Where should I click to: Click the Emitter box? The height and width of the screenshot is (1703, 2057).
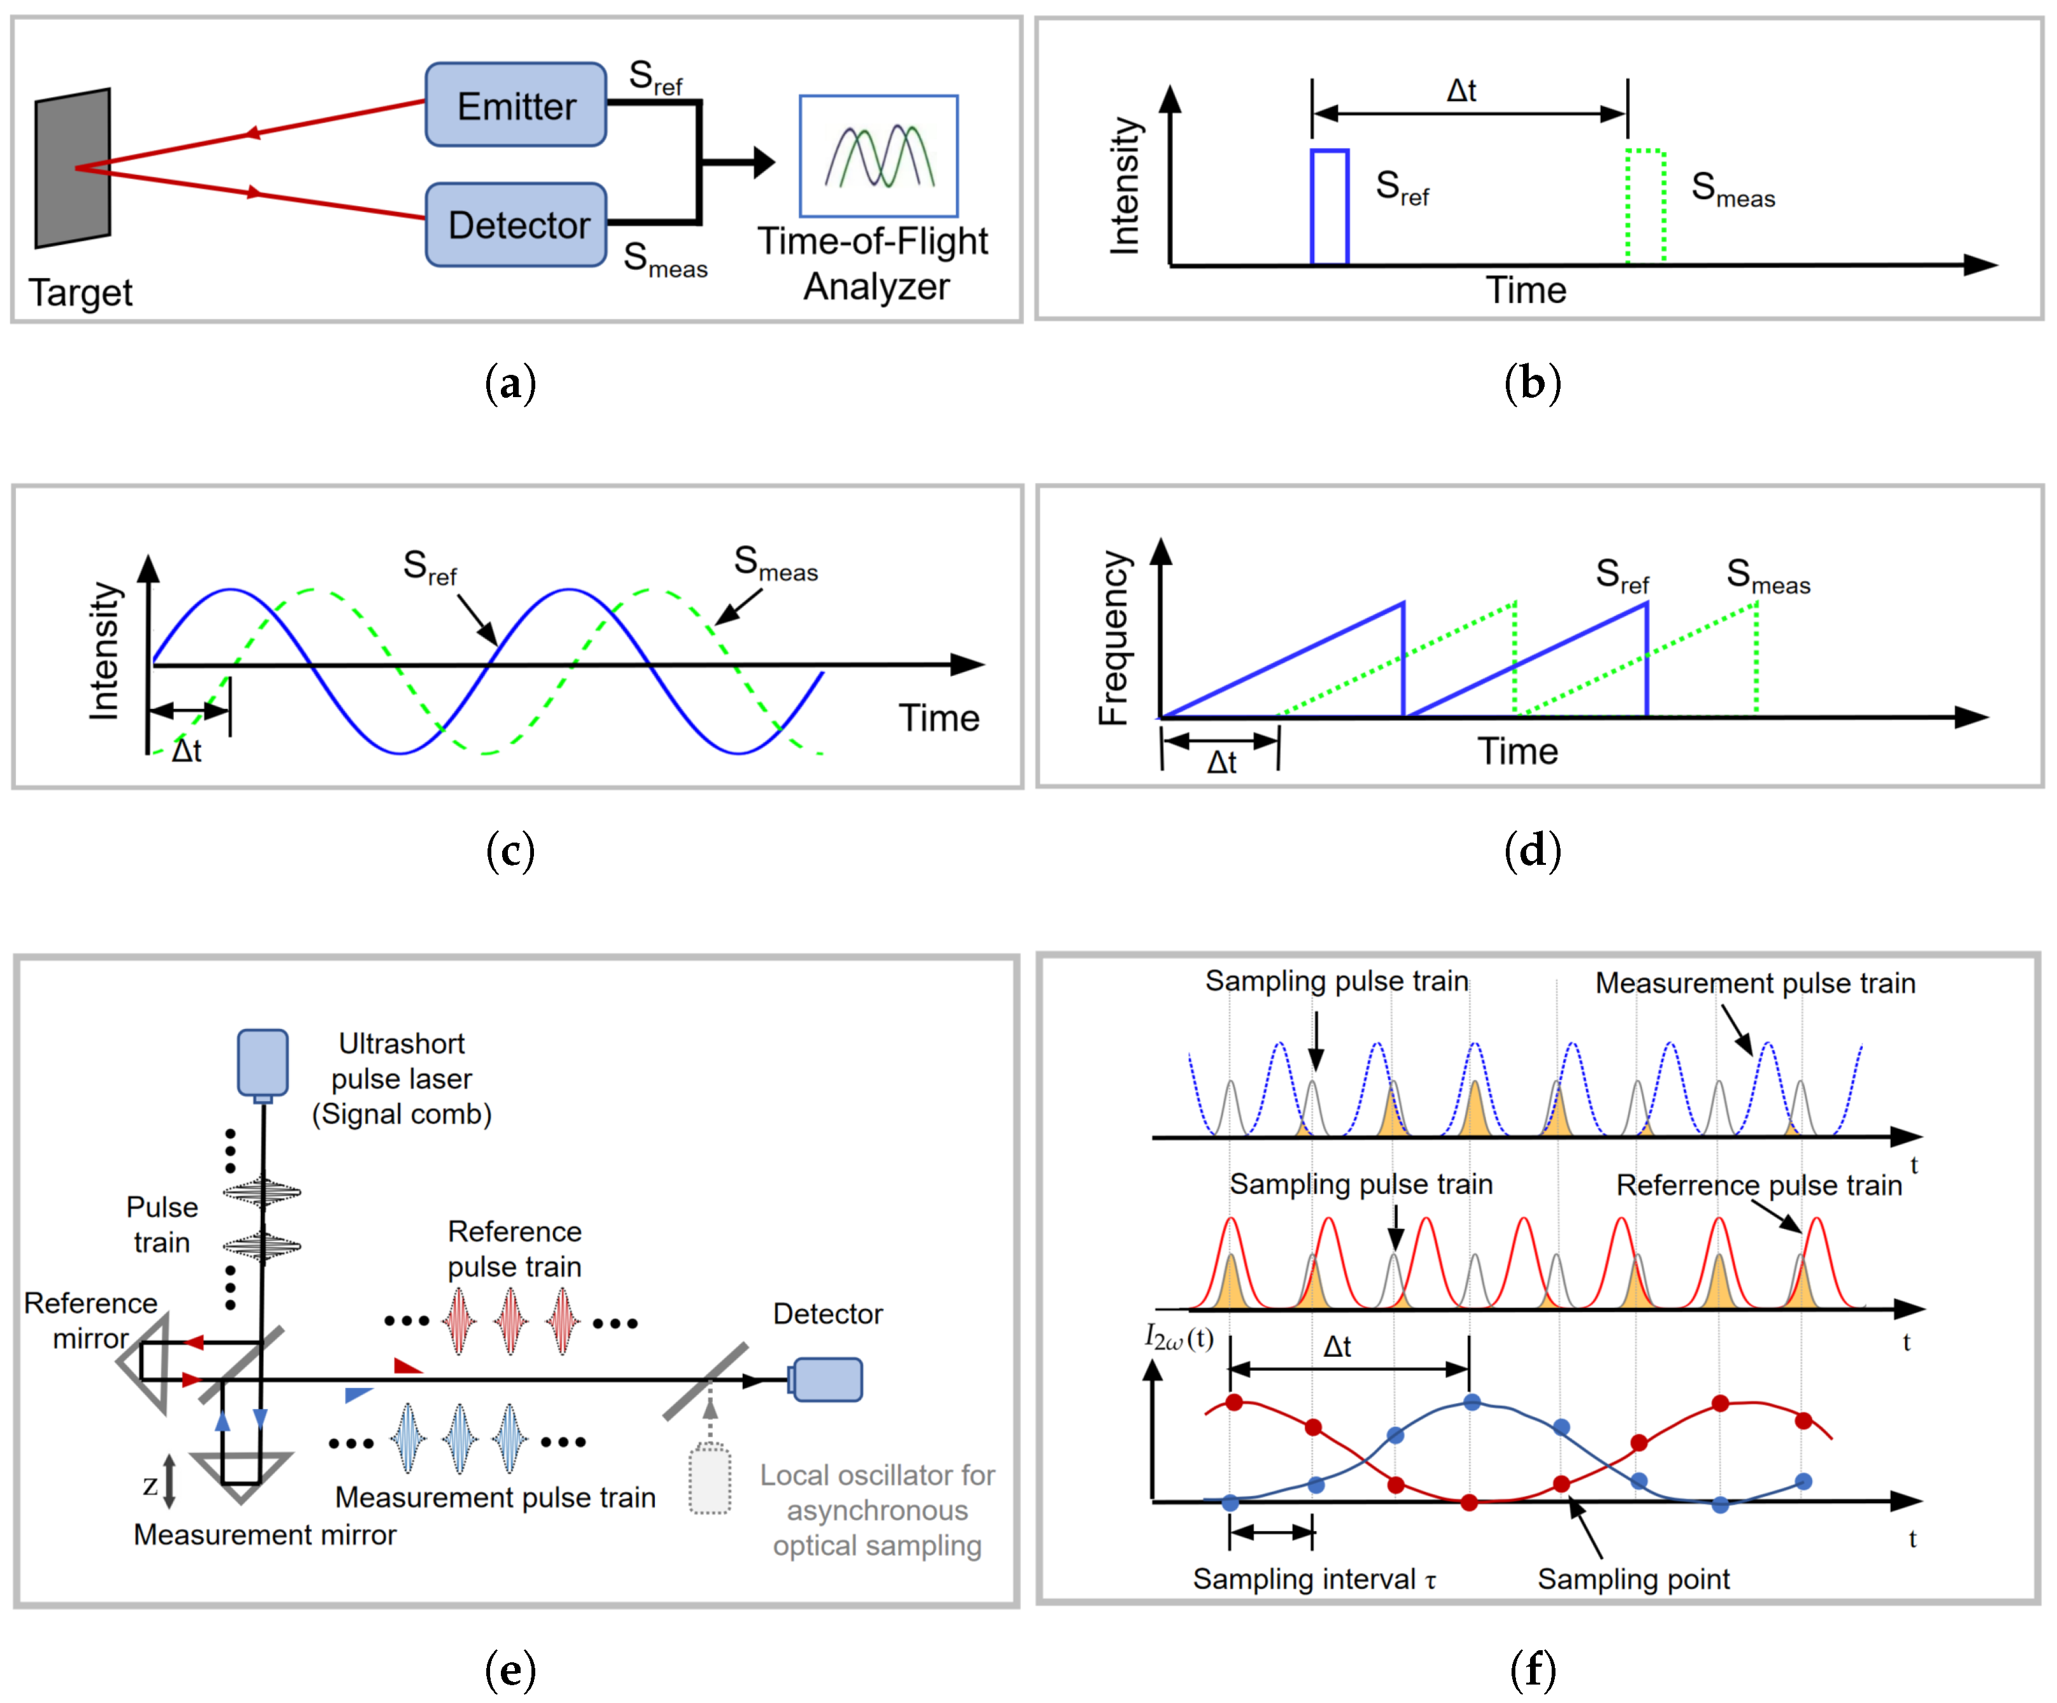pyautogui.click(x=516, y=105)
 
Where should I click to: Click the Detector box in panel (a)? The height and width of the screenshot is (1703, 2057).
pyautogui.click(x=516, y=224)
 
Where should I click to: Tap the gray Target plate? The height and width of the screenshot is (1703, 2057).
pyautogui.click(x=73, y=169)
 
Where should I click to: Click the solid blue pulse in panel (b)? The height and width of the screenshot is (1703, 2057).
pyautogui.click(x=1329, y=207)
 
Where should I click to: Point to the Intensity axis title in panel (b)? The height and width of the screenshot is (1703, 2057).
pyautogui.click(x=1125, y=186)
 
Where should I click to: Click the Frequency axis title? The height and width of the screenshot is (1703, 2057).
pyautogui.click(x=1114, y=638)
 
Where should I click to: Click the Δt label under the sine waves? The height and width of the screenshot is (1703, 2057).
pyautogui.click(x=187, y=751)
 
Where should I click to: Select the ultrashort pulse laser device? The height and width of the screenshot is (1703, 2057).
pyautogui.click(x=262, y=1063)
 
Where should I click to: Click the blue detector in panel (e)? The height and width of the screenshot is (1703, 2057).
pyautogui.click(x=827, y=1379)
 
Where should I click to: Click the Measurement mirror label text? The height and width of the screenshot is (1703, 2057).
pyautogui.click(x=265, y=1534)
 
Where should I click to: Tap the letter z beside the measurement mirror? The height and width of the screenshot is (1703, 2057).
pyautogui.click(x=150, y=1485)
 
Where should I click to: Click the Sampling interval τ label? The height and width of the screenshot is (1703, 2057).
pyautogui.click(x=1314, y=1579)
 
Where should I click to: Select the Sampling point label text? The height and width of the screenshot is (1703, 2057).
pyautogui.click(x=1633, y=1579)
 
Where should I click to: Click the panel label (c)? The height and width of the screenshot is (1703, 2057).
pyautogui.click(x=510, y=850)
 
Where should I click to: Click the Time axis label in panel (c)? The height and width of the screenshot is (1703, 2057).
pyautogui.click(x=939, y=718)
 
